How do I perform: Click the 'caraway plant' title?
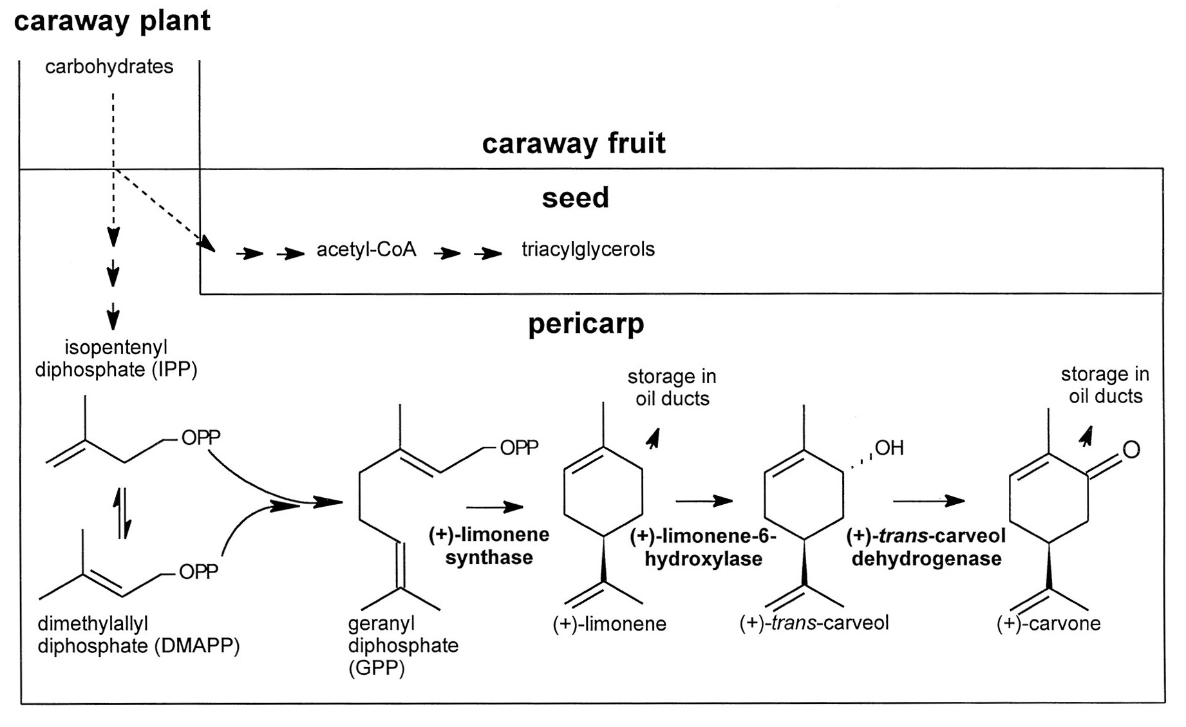(112, 21)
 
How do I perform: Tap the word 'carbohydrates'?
(109, 66)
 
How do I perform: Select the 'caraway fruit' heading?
(573, 143)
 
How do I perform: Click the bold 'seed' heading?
(575, 198)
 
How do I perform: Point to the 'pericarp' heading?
(585, 323)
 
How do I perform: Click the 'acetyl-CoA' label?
(366, 249)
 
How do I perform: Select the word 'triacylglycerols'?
(587, 249)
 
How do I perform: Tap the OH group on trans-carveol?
(889, 448)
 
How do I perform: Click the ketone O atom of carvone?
(1131, 449)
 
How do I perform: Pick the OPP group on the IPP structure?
(200, 438)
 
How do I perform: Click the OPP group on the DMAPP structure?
(198, 571)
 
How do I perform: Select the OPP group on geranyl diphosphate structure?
(518, 448)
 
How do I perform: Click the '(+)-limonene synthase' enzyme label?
(489, 545)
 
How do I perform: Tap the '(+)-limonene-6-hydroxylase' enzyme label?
(703, 547)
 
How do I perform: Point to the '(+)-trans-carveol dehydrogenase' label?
(926, 547)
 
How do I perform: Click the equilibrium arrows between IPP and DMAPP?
(122, 513)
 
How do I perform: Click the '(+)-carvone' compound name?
(1048, 623)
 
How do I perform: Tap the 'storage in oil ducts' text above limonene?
(672, 387)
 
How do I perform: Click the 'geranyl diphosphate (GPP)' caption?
(402, 645)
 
